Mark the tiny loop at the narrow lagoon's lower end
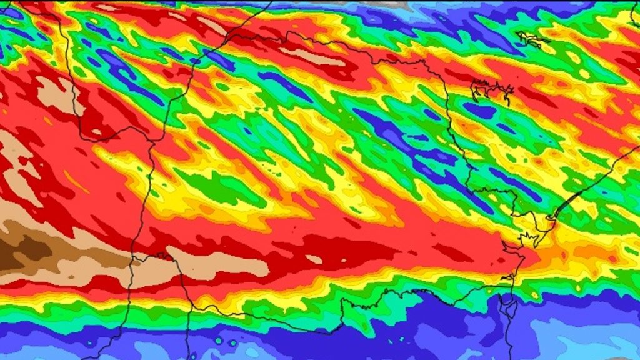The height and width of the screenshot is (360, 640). point(551,217)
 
